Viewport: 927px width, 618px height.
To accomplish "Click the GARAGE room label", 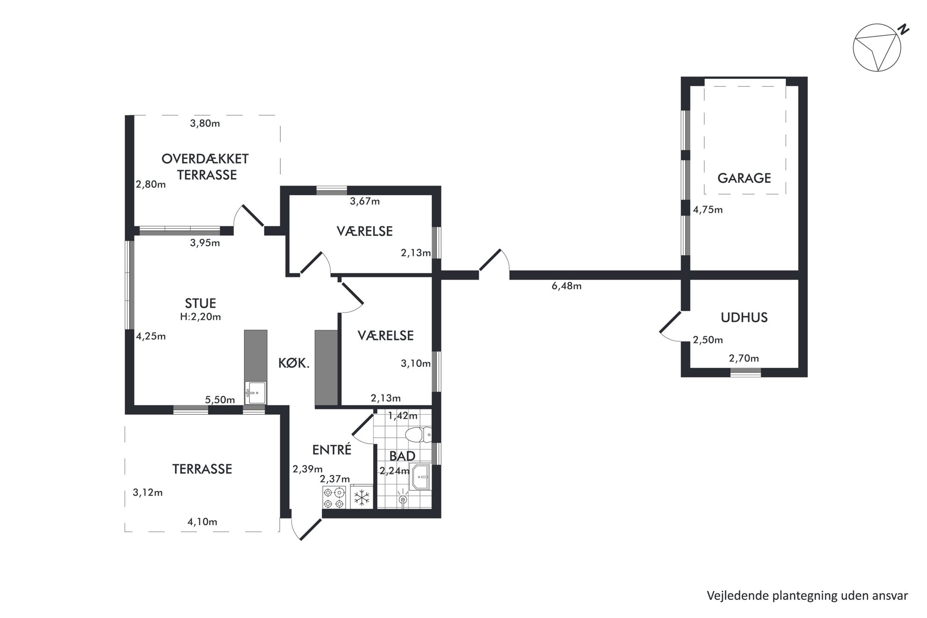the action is point(744,178).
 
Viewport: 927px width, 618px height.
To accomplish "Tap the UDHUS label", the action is point(744,318).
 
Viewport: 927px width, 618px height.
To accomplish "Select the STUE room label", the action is point(200,303).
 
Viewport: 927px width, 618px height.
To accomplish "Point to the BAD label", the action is point(402,456).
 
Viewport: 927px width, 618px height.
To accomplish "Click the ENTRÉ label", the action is point(332,449).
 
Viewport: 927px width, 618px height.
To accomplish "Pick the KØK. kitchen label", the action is point(294,363).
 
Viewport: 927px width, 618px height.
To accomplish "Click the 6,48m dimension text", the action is point(566,286).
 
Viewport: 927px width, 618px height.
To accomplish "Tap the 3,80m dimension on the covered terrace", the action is point(205,123).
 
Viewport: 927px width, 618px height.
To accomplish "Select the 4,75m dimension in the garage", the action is point(708,210).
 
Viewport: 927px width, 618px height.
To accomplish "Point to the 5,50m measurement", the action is point(220,400).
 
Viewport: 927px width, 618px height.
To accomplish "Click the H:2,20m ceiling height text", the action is point(200,317).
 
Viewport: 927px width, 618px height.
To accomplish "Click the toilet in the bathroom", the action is point(418,435).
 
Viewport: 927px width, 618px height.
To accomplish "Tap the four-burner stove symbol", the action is point(334,497).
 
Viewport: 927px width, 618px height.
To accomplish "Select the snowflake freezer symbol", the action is point(362,497).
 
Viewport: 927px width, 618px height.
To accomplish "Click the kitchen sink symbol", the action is point(256,392).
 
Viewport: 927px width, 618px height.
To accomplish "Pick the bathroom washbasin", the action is point(420,477).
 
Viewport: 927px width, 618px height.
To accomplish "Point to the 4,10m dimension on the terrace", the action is point(202,522).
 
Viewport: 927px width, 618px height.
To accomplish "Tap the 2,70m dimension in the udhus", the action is point(744,358).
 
